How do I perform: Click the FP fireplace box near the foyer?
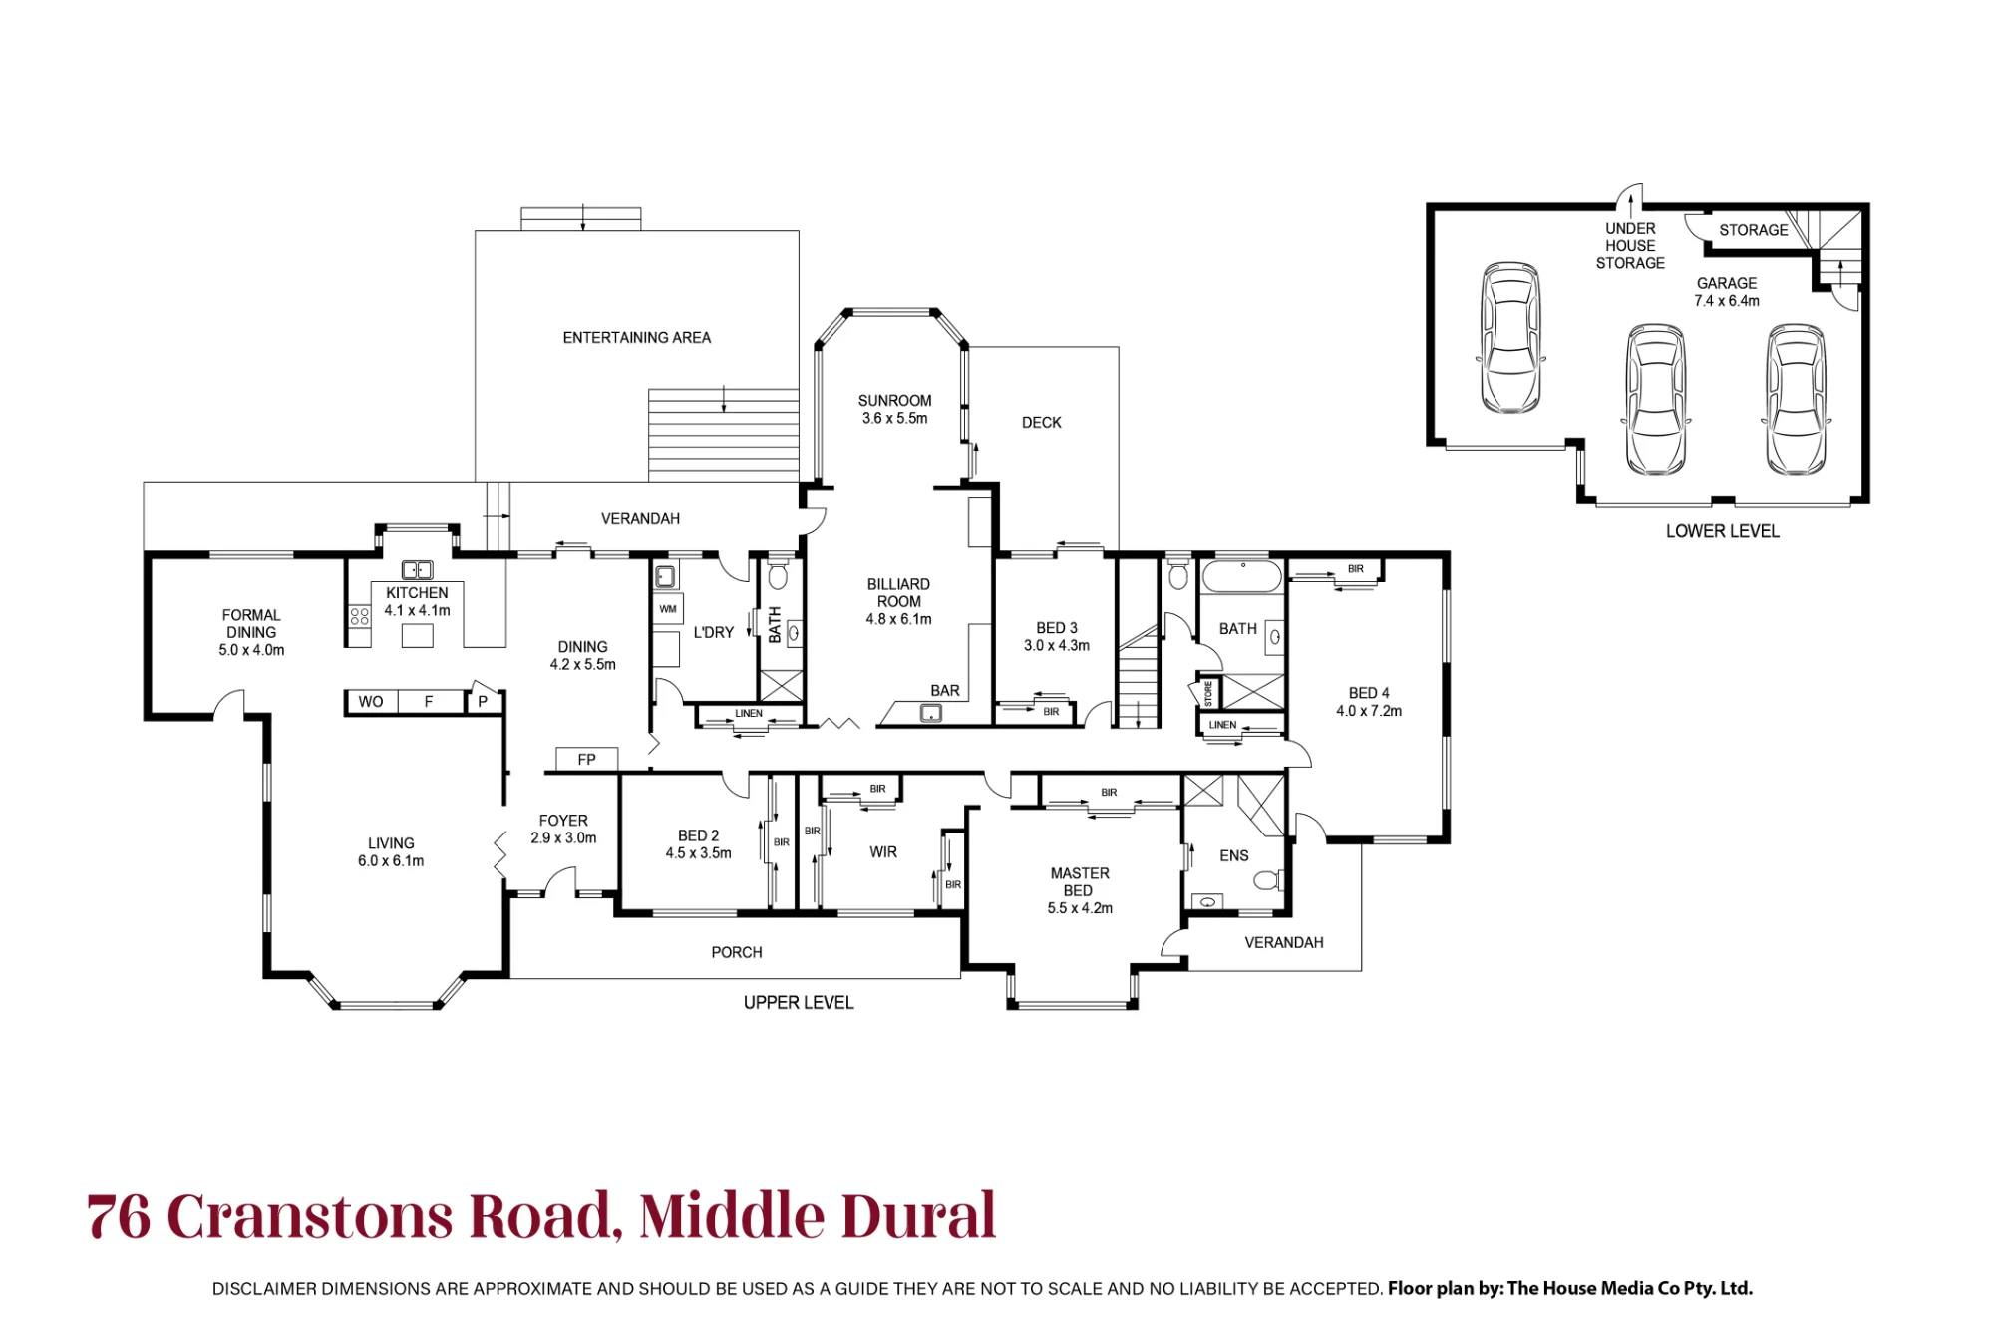tap(586, 760)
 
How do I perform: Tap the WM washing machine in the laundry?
tap(667, 609)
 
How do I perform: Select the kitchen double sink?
tap(417, 570)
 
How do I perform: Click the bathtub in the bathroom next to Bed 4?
tap(1242, 576)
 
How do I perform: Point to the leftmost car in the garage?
tap(1510, 337)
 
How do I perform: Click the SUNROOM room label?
tap(894, 401)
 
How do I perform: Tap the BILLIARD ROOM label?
tap(898, 593)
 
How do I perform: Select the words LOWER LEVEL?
tap(1722, 531)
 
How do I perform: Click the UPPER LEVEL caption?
tap(799, 1003)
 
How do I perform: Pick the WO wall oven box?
tap(371, 702)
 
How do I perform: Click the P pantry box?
tap(484, 701)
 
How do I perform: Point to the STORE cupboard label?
tap(1208, 692)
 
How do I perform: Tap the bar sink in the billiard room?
tap(931, 713)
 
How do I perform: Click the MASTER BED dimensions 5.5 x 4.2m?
tap(1080, 908)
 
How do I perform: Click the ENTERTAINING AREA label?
tap(636, 338)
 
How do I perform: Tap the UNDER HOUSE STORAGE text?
tap(1630, 246)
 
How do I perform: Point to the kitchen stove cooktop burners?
tap(359, 615)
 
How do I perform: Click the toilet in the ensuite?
tap(1268, 880)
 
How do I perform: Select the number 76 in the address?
tap(119, 1216)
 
